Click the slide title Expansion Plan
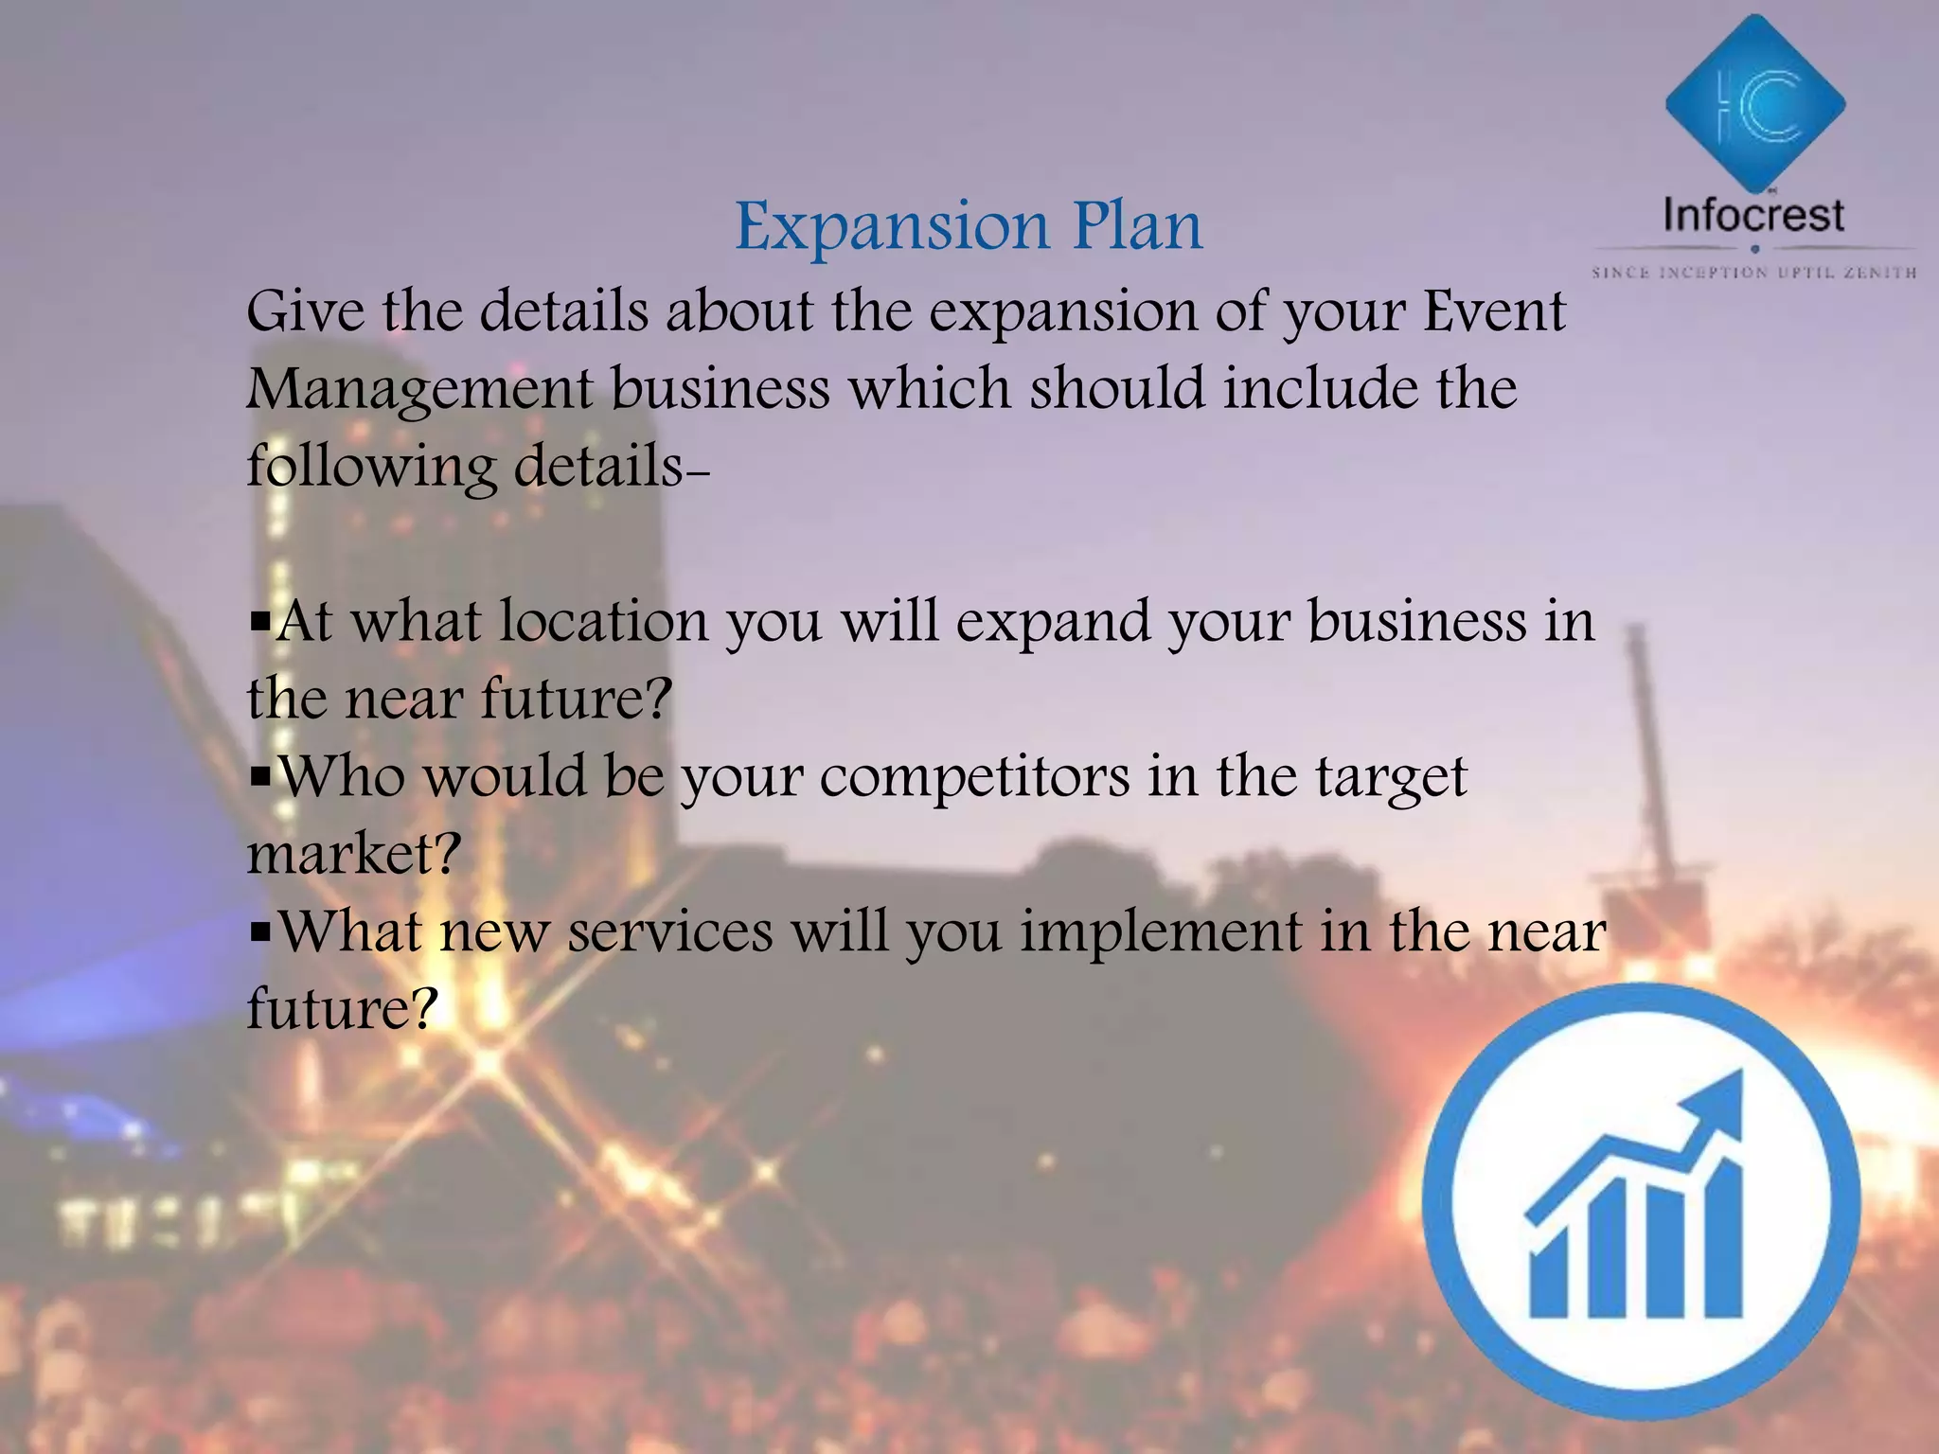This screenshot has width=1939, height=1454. click(969, 227)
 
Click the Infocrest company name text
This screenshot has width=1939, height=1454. click(1753, 216)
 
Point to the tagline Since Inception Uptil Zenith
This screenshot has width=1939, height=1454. click(1754, 273)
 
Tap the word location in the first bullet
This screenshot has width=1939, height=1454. click(603, 623)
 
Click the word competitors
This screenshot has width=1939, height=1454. click(974, 778)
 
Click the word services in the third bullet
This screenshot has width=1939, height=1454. click(670, 932)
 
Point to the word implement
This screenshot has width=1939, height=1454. click(1161, 932)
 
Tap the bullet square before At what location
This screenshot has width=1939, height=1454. click(259, 624)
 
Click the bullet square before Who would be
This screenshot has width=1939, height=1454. click(259, 779)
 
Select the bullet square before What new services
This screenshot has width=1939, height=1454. click(259, 933)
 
